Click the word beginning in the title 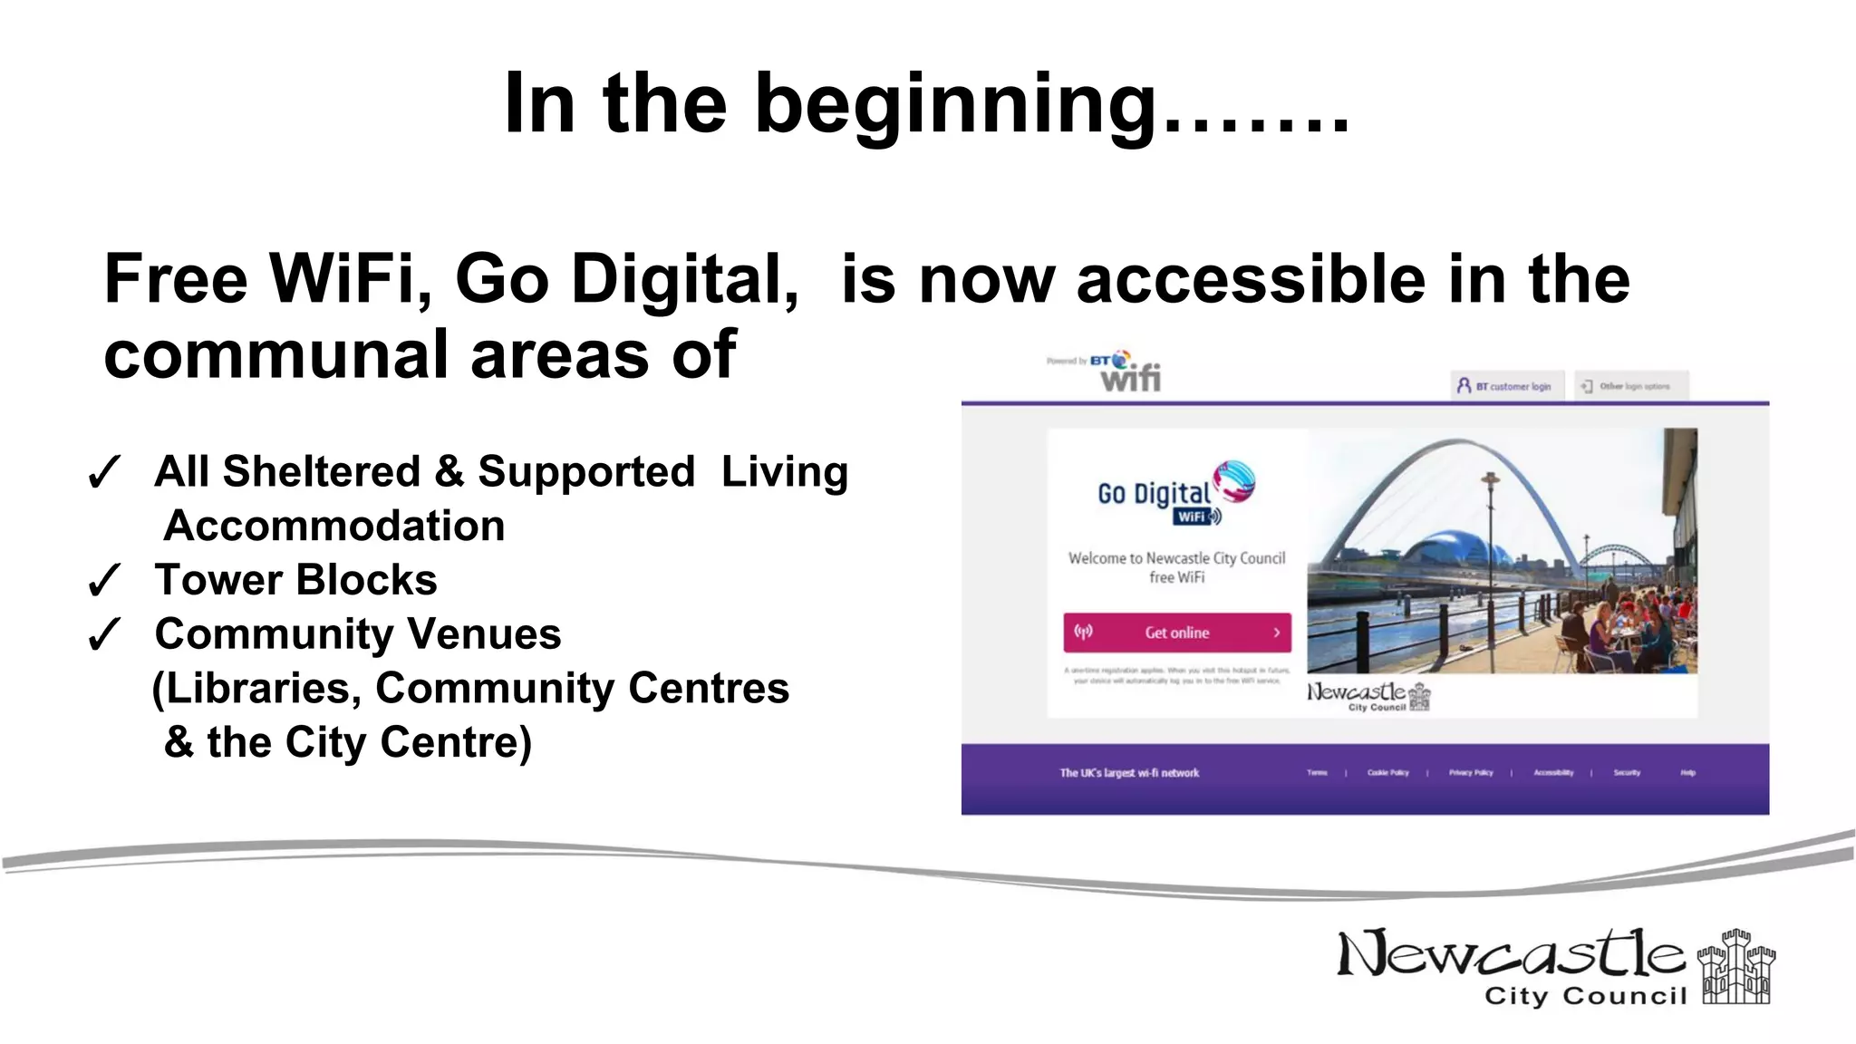[x=956, y=107]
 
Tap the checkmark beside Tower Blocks [x=103, y=581]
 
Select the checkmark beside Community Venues [x=103, y=635]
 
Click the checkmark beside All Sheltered [x=103, y=473]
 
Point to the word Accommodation [x=333, y=527]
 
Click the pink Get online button [x=1176, y=633]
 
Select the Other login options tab [x=1631, y=386]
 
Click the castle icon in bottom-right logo [x=1735, y=967]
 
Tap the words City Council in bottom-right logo [x=1585, y=996]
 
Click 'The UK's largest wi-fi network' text [x=1129, y=773]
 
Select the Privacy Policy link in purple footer [x=1470, y=773]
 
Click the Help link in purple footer [x=1687, y=773]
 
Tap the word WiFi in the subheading [x=348, y=279]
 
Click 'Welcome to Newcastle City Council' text [x=1176, y=558]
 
